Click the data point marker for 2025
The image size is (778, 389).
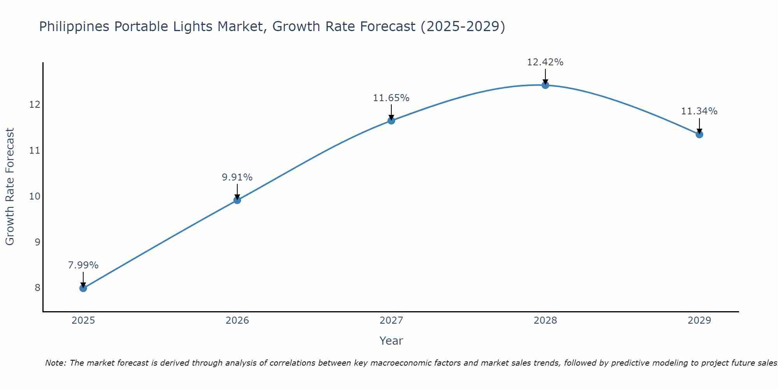(83, 288)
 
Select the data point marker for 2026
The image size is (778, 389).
(237, 200)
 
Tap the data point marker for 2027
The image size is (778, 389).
(391, 121)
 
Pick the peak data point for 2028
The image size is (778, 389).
(545, 85)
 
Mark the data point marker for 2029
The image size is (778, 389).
(699, 135)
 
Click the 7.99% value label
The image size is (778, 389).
(83, 265)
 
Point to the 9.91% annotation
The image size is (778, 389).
(237, 177)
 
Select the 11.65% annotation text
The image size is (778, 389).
(391, 98)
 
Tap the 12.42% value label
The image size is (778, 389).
(545, 62)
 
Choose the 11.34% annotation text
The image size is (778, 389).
(699, 111)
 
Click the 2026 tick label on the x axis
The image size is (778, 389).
(237, 321)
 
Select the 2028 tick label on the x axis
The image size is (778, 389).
(545, 321)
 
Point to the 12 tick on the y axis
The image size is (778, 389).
(35, 105)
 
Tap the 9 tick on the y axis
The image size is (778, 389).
(37, 242)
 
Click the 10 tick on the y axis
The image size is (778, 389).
(35, 196)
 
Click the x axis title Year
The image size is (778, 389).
(391, 341)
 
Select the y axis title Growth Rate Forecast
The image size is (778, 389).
(10, 187)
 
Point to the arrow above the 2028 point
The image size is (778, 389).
(545, 76)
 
